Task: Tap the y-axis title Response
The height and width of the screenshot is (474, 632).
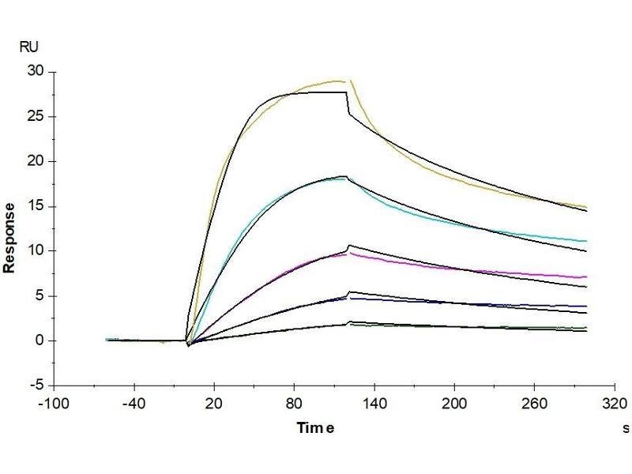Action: [9, 237]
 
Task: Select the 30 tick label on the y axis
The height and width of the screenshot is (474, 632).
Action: [36, 72]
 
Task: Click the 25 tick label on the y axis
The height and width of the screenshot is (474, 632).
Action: [36, 117]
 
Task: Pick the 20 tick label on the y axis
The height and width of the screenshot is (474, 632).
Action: [36, 161]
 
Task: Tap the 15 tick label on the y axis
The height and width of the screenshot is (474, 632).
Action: [36, 206]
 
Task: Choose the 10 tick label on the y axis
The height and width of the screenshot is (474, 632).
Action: [36, 251]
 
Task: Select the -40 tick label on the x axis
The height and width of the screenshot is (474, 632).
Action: [134, 403]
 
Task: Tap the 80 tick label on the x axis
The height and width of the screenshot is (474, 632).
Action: [294, 403]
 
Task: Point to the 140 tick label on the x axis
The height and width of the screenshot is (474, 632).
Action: [374, 403]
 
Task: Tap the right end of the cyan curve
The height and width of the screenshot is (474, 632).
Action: [587, 241]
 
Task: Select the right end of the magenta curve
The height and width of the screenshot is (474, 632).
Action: [587, 277]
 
